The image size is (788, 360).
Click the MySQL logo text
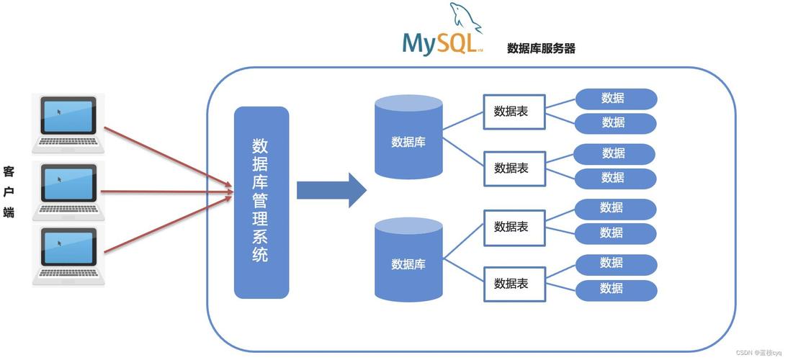click(439, 43)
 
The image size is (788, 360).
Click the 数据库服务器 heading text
click(541, 48)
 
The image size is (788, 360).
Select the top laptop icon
click(68, 123)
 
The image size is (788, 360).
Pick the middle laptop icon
click(68, 190)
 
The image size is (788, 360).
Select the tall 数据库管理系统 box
click(261, 202)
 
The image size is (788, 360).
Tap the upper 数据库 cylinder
click(408, 138)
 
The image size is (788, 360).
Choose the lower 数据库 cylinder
click(408, 261)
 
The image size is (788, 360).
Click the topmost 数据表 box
click(514, 112)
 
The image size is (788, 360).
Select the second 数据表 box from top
click(514, 168)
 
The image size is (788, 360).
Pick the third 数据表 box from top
click(514, 227)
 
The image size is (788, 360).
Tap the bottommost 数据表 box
click(514, 283)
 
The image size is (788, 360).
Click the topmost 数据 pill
click(616, 99)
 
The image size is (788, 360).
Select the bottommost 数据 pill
click(616, 289)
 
